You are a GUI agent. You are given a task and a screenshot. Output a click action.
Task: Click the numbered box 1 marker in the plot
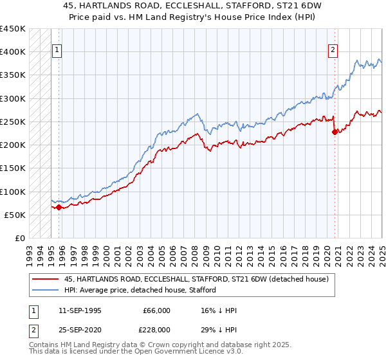[57, 50]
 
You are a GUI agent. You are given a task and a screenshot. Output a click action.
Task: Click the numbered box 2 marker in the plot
[333, 50]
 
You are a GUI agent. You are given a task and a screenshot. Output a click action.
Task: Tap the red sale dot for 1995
[59, 207]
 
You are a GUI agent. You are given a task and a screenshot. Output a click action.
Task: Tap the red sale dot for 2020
[335, 132]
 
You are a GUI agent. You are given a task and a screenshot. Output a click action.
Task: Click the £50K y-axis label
[15, 215]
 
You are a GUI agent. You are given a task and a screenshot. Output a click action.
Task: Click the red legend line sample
[45, 279]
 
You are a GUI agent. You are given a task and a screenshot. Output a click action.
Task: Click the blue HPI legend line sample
[45, 290]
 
